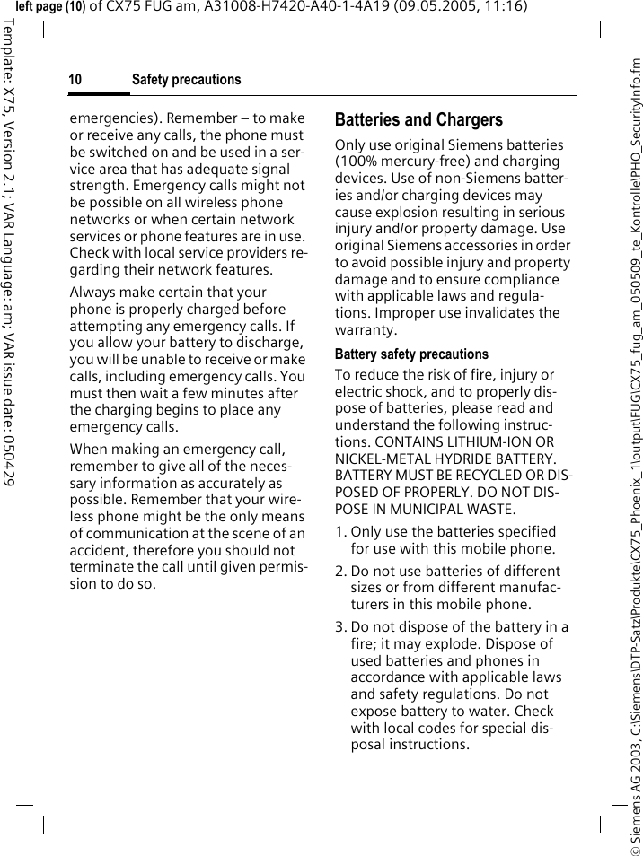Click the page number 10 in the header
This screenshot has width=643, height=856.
[x=75, y=80]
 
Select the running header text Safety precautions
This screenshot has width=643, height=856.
[x=186, y=80]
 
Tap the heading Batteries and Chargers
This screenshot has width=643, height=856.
[x=418, y=119]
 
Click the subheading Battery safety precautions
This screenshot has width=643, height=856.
[x=411, y=354]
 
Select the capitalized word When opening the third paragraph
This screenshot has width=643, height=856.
[x=89, y=450]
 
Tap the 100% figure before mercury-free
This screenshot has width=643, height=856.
[x=357, y=162]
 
